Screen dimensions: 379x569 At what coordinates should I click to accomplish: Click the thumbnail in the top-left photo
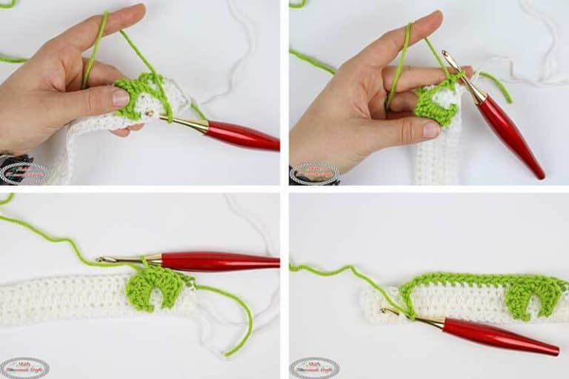[119, 98]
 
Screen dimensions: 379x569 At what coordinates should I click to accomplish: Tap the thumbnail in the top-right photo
[430, 130]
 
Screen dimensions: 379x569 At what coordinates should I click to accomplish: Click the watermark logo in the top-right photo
[314, 172]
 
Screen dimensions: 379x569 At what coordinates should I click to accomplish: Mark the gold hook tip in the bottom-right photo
[386, 312]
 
